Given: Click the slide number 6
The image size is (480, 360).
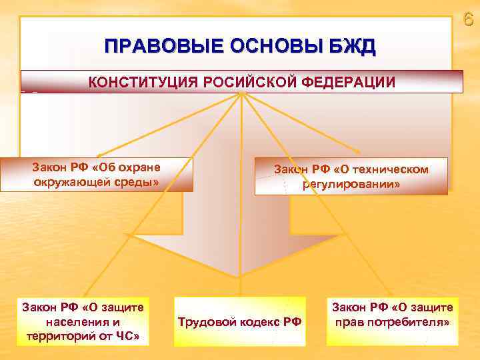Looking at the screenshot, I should (x=468, y=19).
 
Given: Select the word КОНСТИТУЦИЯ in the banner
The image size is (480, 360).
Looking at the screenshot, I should (x=135, y=83).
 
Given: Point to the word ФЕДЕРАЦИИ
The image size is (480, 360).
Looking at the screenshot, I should (x=347, y=83).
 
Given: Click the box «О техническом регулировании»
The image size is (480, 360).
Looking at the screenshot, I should (x=351, y=177).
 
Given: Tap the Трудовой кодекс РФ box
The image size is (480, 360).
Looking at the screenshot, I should (x=239, y=322).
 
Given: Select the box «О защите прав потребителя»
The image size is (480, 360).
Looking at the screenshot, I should (x=392, y=315).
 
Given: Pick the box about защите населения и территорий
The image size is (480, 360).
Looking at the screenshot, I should (x=83, y=322).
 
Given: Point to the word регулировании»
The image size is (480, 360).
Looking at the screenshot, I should (x=351, y=184).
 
